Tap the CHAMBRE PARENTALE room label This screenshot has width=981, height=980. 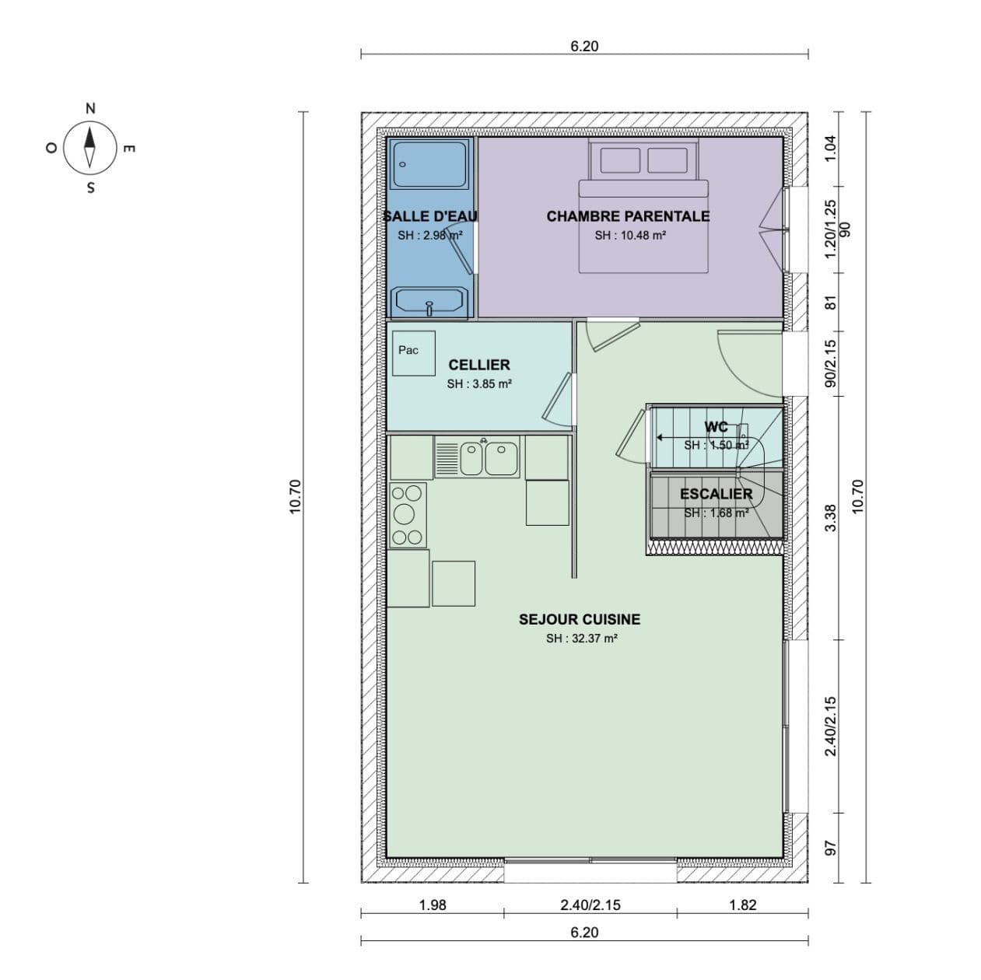click(627, 216)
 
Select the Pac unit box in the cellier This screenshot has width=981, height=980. click(412, 353)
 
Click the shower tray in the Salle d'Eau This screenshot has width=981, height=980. click(430, 164)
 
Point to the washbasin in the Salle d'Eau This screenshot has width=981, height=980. click(429, 301)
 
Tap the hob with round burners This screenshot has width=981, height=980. click(407, 514)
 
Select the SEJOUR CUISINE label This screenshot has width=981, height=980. click(580, 619)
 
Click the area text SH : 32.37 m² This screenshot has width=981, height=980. click(581, 639)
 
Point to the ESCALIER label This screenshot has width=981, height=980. click(716, 494)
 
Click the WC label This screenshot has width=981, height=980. click(716, 427)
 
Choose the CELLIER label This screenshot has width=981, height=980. click(478, 365)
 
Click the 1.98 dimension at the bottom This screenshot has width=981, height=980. click(433, 905)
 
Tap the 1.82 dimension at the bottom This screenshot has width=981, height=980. click(742, 905)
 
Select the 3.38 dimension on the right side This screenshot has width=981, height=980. click(830, 518)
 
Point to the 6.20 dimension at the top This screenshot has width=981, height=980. click(584, 46)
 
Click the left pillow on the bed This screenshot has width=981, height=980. click(620, 160)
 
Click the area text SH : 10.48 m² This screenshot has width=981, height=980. click(629, 236)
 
